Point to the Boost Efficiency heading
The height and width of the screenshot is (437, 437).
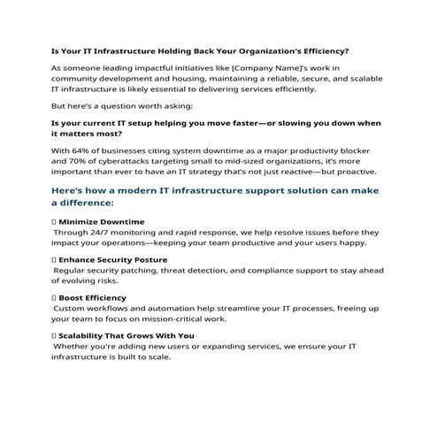[x=94, y=297]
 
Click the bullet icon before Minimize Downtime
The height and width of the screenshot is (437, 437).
[x=55, y=221]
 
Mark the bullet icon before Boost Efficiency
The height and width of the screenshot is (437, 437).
[x=55, y=297]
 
